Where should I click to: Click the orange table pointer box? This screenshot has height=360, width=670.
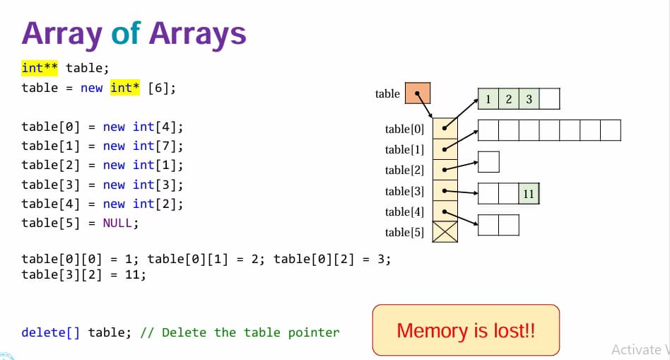pos(418,93)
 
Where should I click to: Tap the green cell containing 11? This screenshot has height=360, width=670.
pos(529,194)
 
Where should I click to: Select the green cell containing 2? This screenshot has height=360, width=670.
pos(508,99)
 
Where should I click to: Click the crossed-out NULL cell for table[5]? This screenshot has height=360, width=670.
pos(445,232)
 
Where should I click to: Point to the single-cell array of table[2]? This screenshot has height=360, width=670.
pos(488,162)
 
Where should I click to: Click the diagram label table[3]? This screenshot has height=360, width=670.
pos(404,191)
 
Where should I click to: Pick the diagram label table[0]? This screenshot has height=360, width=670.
pos(404,129)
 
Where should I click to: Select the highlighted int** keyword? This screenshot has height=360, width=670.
pos(40,68)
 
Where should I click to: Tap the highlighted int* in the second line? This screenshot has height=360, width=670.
pos(125,88)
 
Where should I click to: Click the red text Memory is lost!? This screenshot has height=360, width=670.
pos(466,330)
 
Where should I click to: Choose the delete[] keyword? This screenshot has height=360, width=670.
pos(50,332)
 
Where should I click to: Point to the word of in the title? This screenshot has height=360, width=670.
pos(126,33)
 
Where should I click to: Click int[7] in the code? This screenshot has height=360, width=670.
pos(158,146)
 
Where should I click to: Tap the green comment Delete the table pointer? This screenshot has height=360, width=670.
pos(251,332)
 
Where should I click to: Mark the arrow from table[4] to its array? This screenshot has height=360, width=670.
pos(461,218)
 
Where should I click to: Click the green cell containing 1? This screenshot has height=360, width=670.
pos(488,99)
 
